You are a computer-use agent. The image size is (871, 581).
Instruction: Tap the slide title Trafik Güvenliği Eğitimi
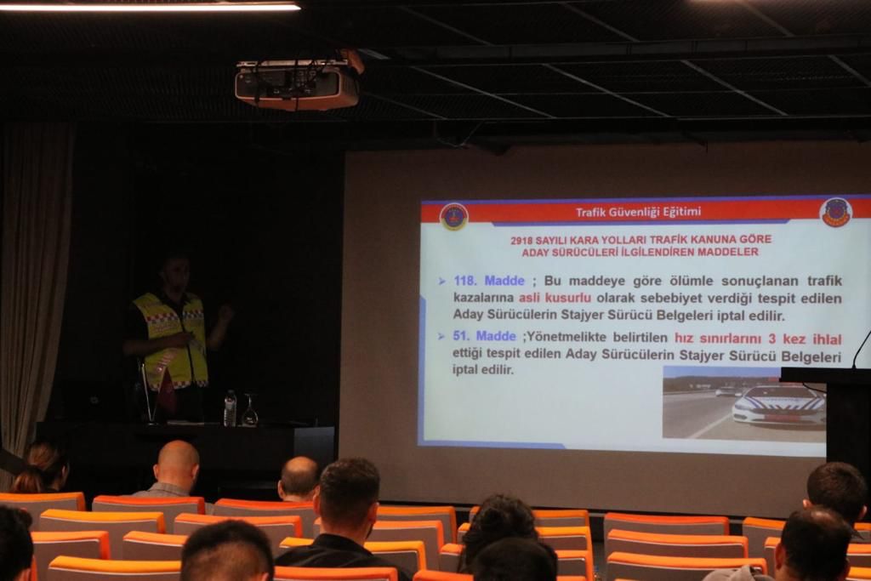(x=638, y=212)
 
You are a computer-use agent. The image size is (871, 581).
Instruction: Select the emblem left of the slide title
(x=454, y=217)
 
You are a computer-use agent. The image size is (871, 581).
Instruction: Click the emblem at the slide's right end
(x=836, y=213)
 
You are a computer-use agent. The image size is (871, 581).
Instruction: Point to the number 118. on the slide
(x=465, y=281)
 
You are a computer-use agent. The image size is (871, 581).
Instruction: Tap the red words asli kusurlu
(x=555, y=298)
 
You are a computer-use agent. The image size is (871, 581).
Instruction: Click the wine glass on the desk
(x=250, y=411)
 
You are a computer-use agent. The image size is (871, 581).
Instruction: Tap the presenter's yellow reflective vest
(x=172, y=339)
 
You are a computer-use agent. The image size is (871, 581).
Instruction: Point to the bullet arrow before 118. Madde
(x=441, y=282)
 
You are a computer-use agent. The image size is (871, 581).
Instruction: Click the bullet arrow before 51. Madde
(x=441, y=337)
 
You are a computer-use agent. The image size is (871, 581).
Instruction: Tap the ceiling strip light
(x=150, y=6)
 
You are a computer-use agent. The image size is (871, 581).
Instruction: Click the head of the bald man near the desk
(x=176, y=462)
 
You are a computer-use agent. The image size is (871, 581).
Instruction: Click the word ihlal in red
(x=827, y=339)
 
